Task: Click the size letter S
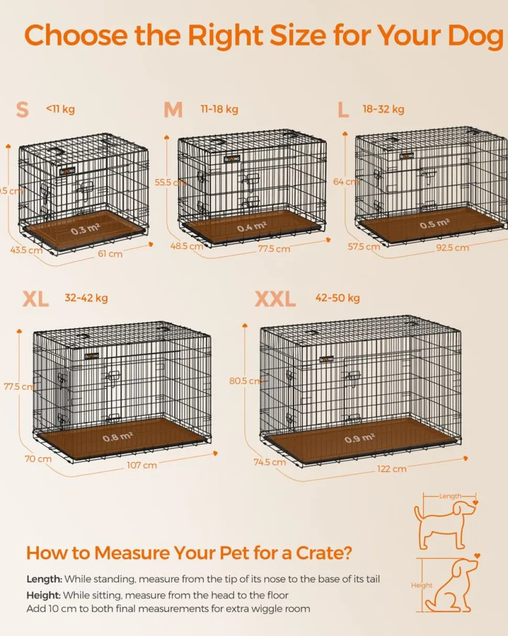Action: [x=23, y=110]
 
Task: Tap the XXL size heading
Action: [x=275, y=299]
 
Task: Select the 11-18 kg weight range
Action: [x=219, y=109]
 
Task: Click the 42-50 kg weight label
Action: [x=337, y=298]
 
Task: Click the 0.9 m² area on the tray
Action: [x=359, y=438]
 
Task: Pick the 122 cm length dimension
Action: [x=392, y=469]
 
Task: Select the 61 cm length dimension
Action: [x=111, y=254]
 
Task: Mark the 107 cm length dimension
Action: [x=141, y=465]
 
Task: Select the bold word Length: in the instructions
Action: [x=45, y=579]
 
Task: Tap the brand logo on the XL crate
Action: [x=92, y=357]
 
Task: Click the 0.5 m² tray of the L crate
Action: [x=435, y=224]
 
